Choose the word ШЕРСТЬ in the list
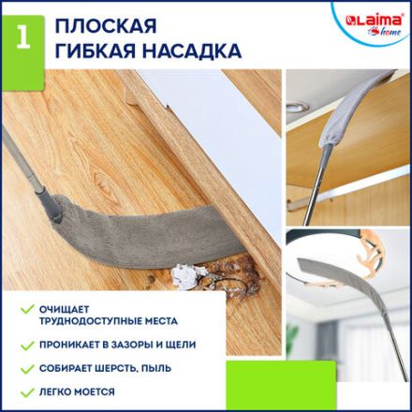coord(121,369)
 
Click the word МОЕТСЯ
coord(96,392)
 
